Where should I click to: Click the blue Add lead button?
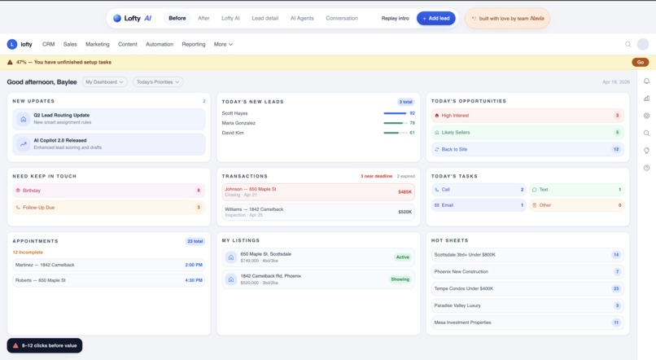pos(435,18)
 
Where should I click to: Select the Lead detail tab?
pos(265,18)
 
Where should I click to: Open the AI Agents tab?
pos(302,18)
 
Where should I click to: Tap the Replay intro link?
pos(395,18)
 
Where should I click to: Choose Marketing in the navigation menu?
pos(98,44)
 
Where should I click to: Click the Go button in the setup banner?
pos(640,62)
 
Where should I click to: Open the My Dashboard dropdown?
pos(104,81)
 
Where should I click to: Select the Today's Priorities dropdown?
pos(158,81)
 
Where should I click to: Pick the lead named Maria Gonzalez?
pos(239,123)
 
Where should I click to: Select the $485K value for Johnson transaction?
pos(405,192)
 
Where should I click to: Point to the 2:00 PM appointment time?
pos(194,265)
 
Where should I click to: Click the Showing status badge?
pos(400,279)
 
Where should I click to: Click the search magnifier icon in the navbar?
pos(628,44)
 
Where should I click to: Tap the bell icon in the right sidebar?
pos(646,81)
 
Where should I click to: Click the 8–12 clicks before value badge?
pos(45,345)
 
